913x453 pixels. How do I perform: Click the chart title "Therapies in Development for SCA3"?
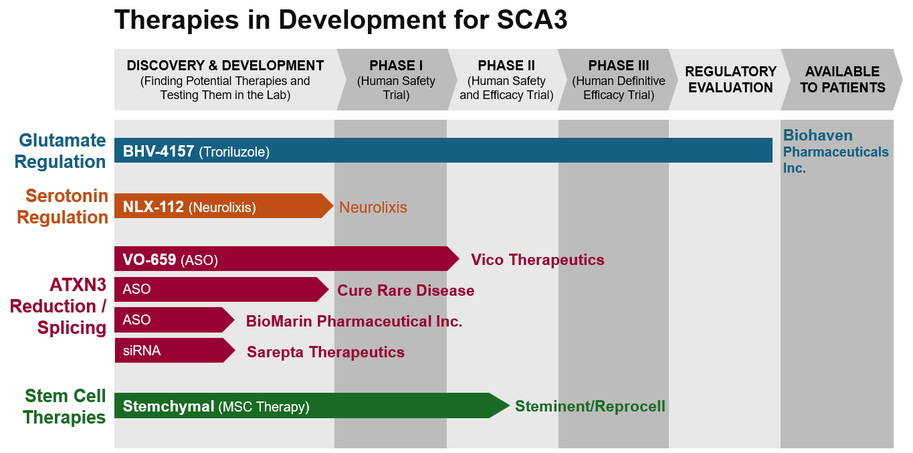(340, 20)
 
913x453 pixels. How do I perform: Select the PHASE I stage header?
(396, 80)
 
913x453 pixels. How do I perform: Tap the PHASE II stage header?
(506, 80)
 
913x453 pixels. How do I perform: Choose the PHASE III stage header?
(619, 80)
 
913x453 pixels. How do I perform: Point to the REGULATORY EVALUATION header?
(730, 80)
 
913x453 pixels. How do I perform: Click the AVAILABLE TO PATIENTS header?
(842, 80)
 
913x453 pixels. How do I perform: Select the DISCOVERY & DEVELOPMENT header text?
(225, 80)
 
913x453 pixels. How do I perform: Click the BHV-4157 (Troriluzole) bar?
(441, 151)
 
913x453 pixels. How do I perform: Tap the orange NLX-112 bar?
(221, 206)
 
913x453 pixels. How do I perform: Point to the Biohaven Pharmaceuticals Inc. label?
(835, 151)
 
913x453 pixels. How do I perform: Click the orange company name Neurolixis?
(373, 207)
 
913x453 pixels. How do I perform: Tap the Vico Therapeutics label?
(537, 260)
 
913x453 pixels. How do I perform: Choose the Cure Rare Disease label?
(405, 290)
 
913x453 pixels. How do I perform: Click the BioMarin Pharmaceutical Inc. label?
(354, 321)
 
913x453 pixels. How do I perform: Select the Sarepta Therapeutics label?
(326, 352)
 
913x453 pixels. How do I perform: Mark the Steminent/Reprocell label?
(590, 406)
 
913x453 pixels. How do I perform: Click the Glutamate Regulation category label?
(60, 151)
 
